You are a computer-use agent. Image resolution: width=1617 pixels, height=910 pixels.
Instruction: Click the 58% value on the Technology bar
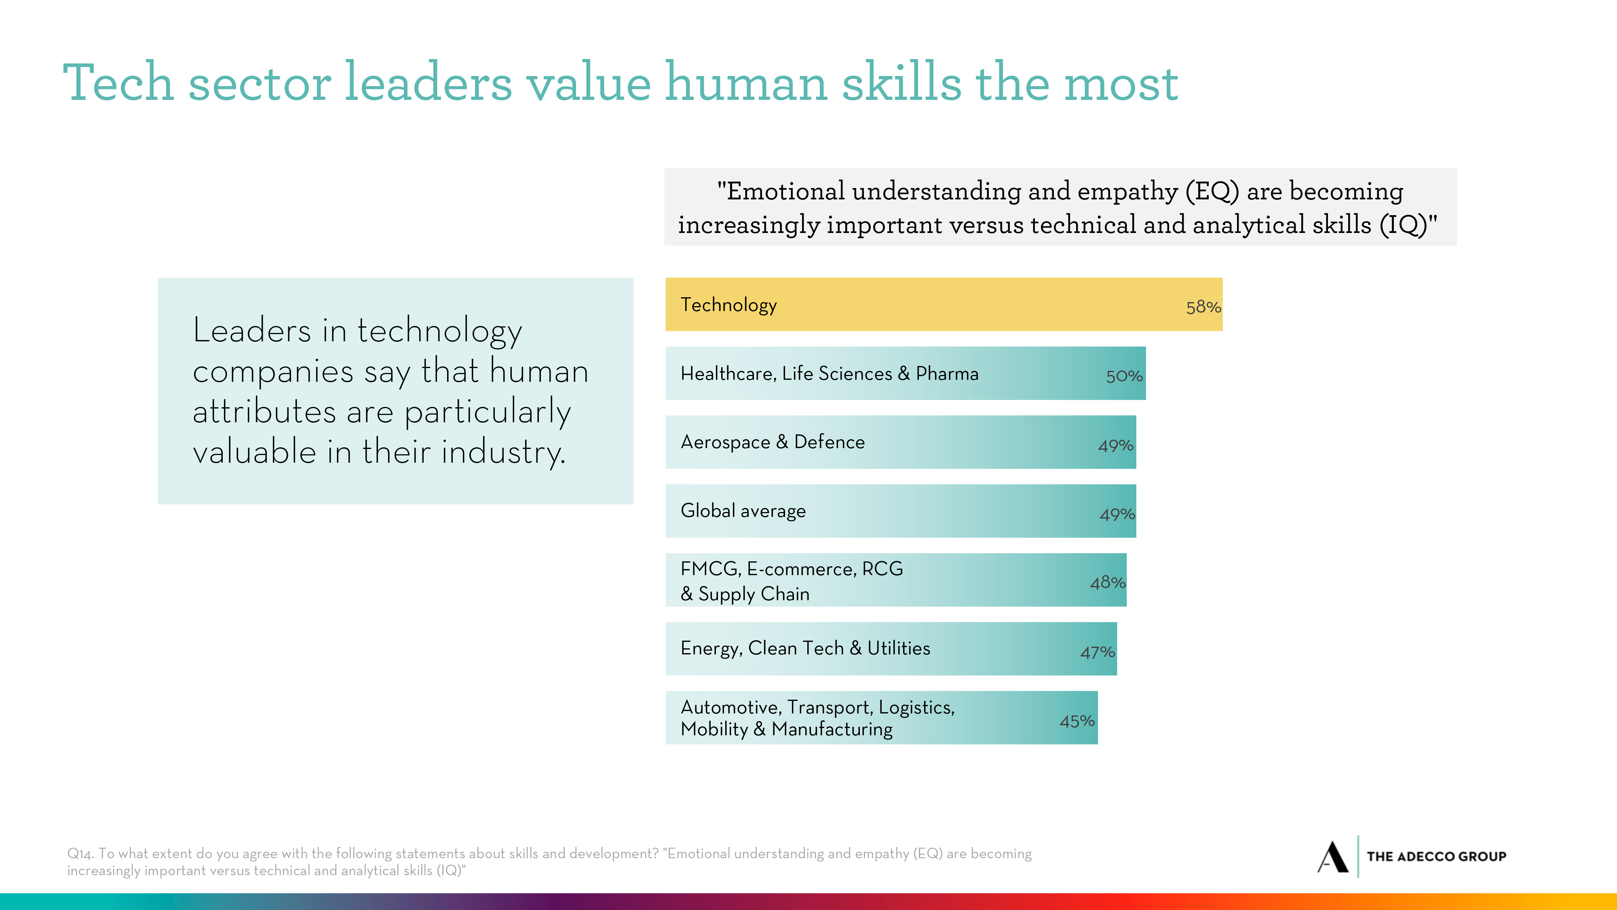coord(1203,307)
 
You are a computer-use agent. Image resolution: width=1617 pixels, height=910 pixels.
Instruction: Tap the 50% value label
coord(1124,376)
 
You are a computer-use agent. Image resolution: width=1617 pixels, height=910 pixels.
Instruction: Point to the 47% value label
coord(1097,652)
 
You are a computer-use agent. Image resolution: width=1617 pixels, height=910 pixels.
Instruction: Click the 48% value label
coord(1107,583)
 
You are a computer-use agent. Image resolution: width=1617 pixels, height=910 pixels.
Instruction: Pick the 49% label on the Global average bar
coord(1117,514)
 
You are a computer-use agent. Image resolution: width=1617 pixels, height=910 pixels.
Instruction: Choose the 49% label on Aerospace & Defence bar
coord(1115,446)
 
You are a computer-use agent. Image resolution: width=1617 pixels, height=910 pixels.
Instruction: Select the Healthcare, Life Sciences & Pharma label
coord(829,374)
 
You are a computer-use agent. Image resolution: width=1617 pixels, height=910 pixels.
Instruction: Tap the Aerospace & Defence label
coord(772,442)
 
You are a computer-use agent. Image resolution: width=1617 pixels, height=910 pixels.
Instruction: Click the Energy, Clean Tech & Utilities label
coord(805,648)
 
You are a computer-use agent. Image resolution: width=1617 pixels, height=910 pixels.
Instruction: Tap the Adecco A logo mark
coord(1332,857)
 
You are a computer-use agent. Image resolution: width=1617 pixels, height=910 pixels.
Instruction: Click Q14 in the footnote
coord(81,853)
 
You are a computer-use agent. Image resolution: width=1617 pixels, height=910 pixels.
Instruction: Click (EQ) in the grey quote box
coord(1212,191)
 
